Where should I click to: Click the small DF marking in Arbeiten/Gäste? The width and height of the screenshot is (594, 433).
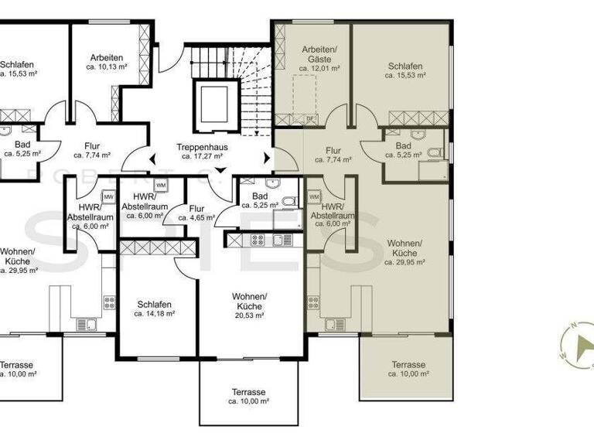coord(310,118)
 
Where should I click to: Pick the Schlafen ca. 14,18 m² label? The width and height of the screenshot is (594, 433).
coord(155,309)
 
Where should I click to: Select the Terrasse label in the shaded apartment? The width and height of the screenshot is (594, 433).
coord(408,369)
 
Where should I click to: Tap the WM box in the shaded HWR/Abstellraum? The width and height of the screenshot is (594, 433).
coord(314,197)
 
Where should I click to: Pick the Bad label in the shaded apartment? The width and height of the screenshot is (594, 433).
coord(403,149)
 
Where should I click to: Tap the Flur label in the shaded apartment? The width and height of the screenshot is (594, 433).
coord(333,155)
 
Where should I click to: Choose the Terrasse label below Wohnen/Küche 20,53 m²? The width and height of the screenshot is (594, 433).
coord(248,397)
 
